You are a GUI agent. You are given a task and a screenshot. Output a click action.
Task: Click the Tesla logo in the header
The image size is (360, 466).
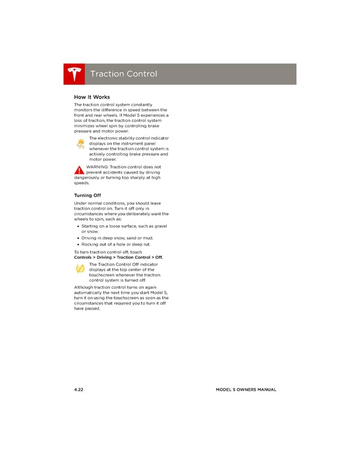pos(74,74)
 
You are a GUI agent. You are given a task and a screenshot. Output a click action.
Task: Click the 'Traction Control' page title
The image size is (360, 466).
pos(123,74)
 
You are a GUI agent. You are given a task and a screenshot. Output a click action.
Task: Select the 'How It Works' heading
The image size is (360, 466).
pos(92,97)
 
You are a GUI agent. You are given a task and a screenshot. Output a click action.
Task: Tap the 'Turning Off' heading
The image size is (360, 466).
pos(87,196)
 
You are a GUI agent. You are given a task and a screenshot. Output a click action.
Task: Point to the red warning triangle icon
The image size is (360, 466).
pos(79,171)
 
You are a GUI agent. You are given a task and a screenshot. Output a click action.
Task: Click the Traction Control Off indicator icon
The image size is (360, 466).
pos(80,270)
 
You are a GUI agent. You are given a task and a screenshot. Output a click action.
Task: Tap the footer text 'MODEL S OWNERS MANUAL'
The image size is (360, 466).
pos(245,390)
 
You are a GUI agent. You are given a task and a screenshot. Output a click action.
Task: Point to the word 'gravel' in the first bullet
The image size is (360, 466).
pos(160,226)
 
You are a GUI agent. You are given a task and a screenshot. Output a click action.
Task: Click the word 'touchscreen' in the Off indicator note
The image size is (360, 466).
pos(104,275)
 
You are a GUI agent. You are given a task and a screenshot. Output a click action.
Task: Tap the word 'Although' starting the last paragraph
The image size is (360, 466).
pos(85,287)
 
